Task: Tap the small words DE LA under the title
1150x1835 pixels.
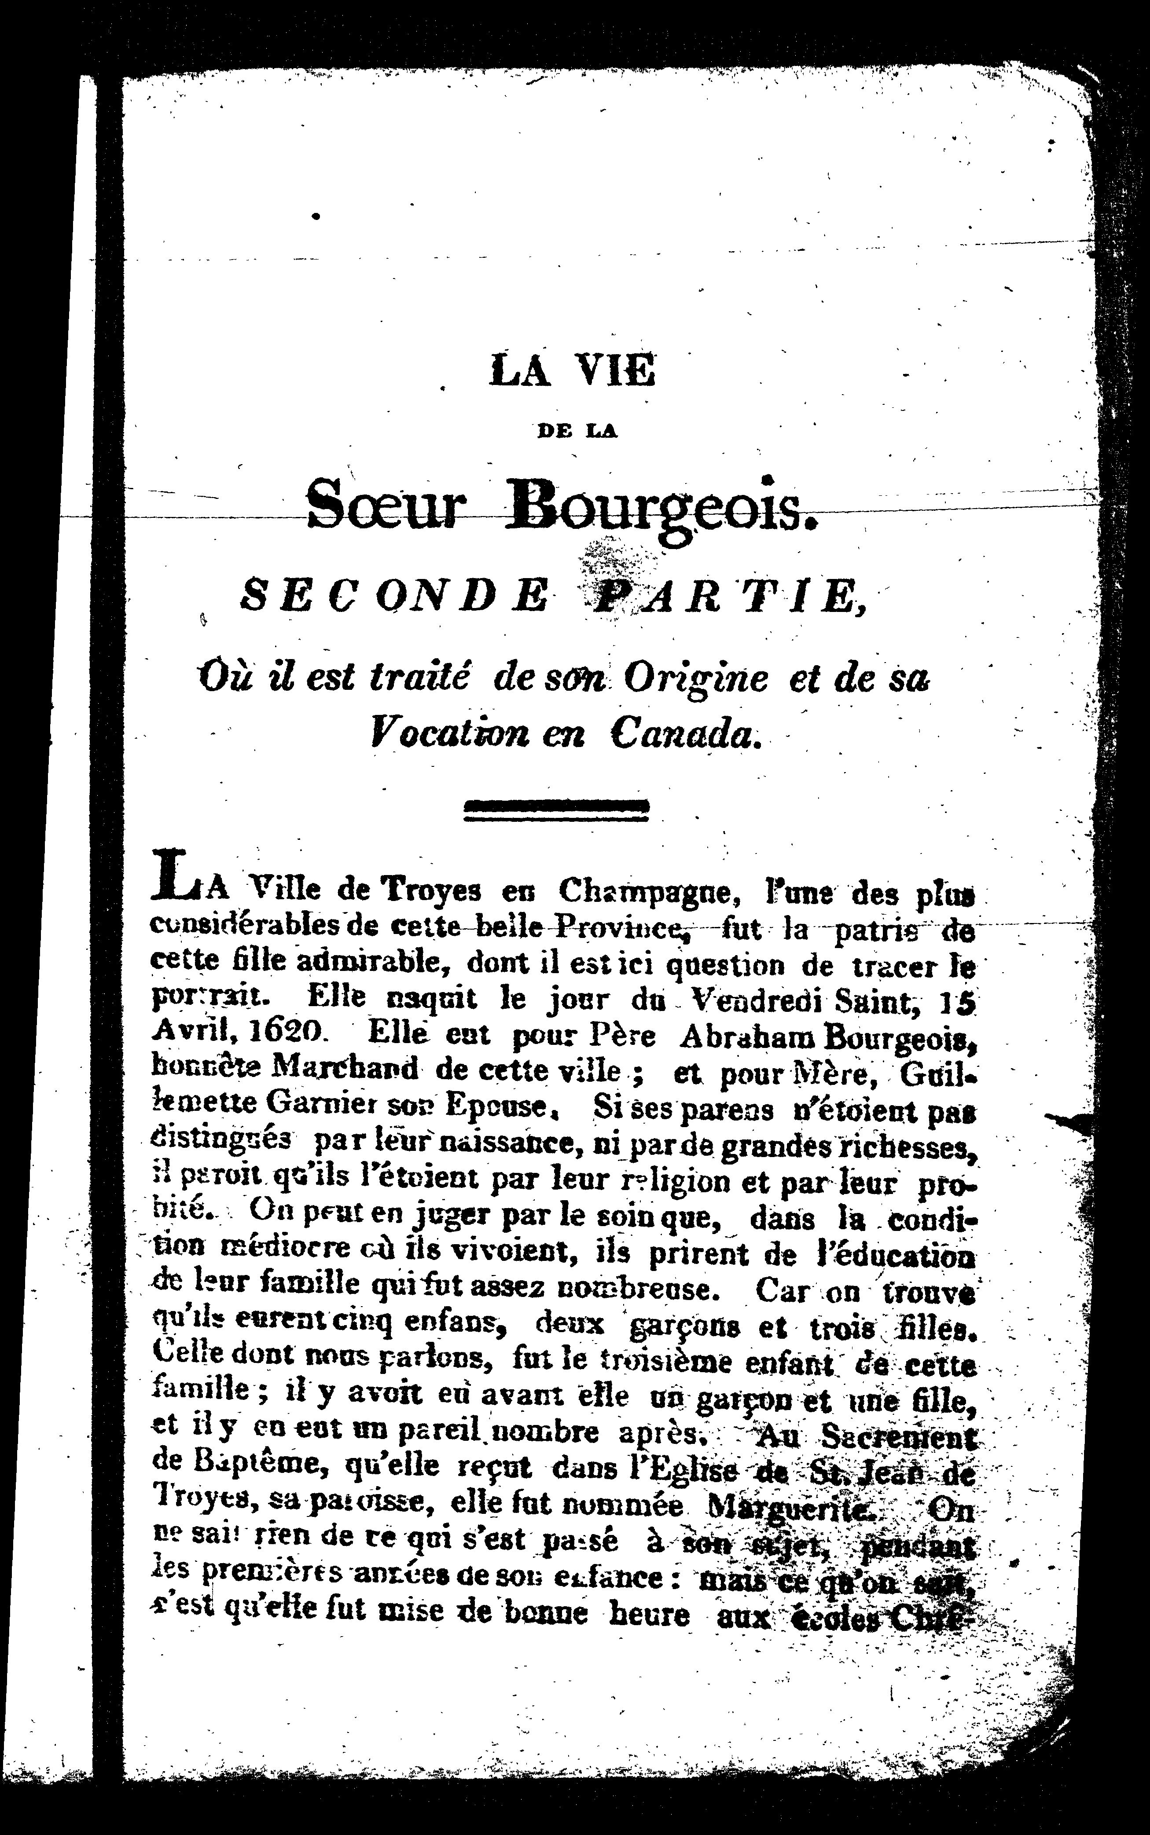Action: click(x=577, y=431)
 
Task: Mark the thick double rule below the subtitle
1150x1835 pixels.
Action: click(x=556, y=811)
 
